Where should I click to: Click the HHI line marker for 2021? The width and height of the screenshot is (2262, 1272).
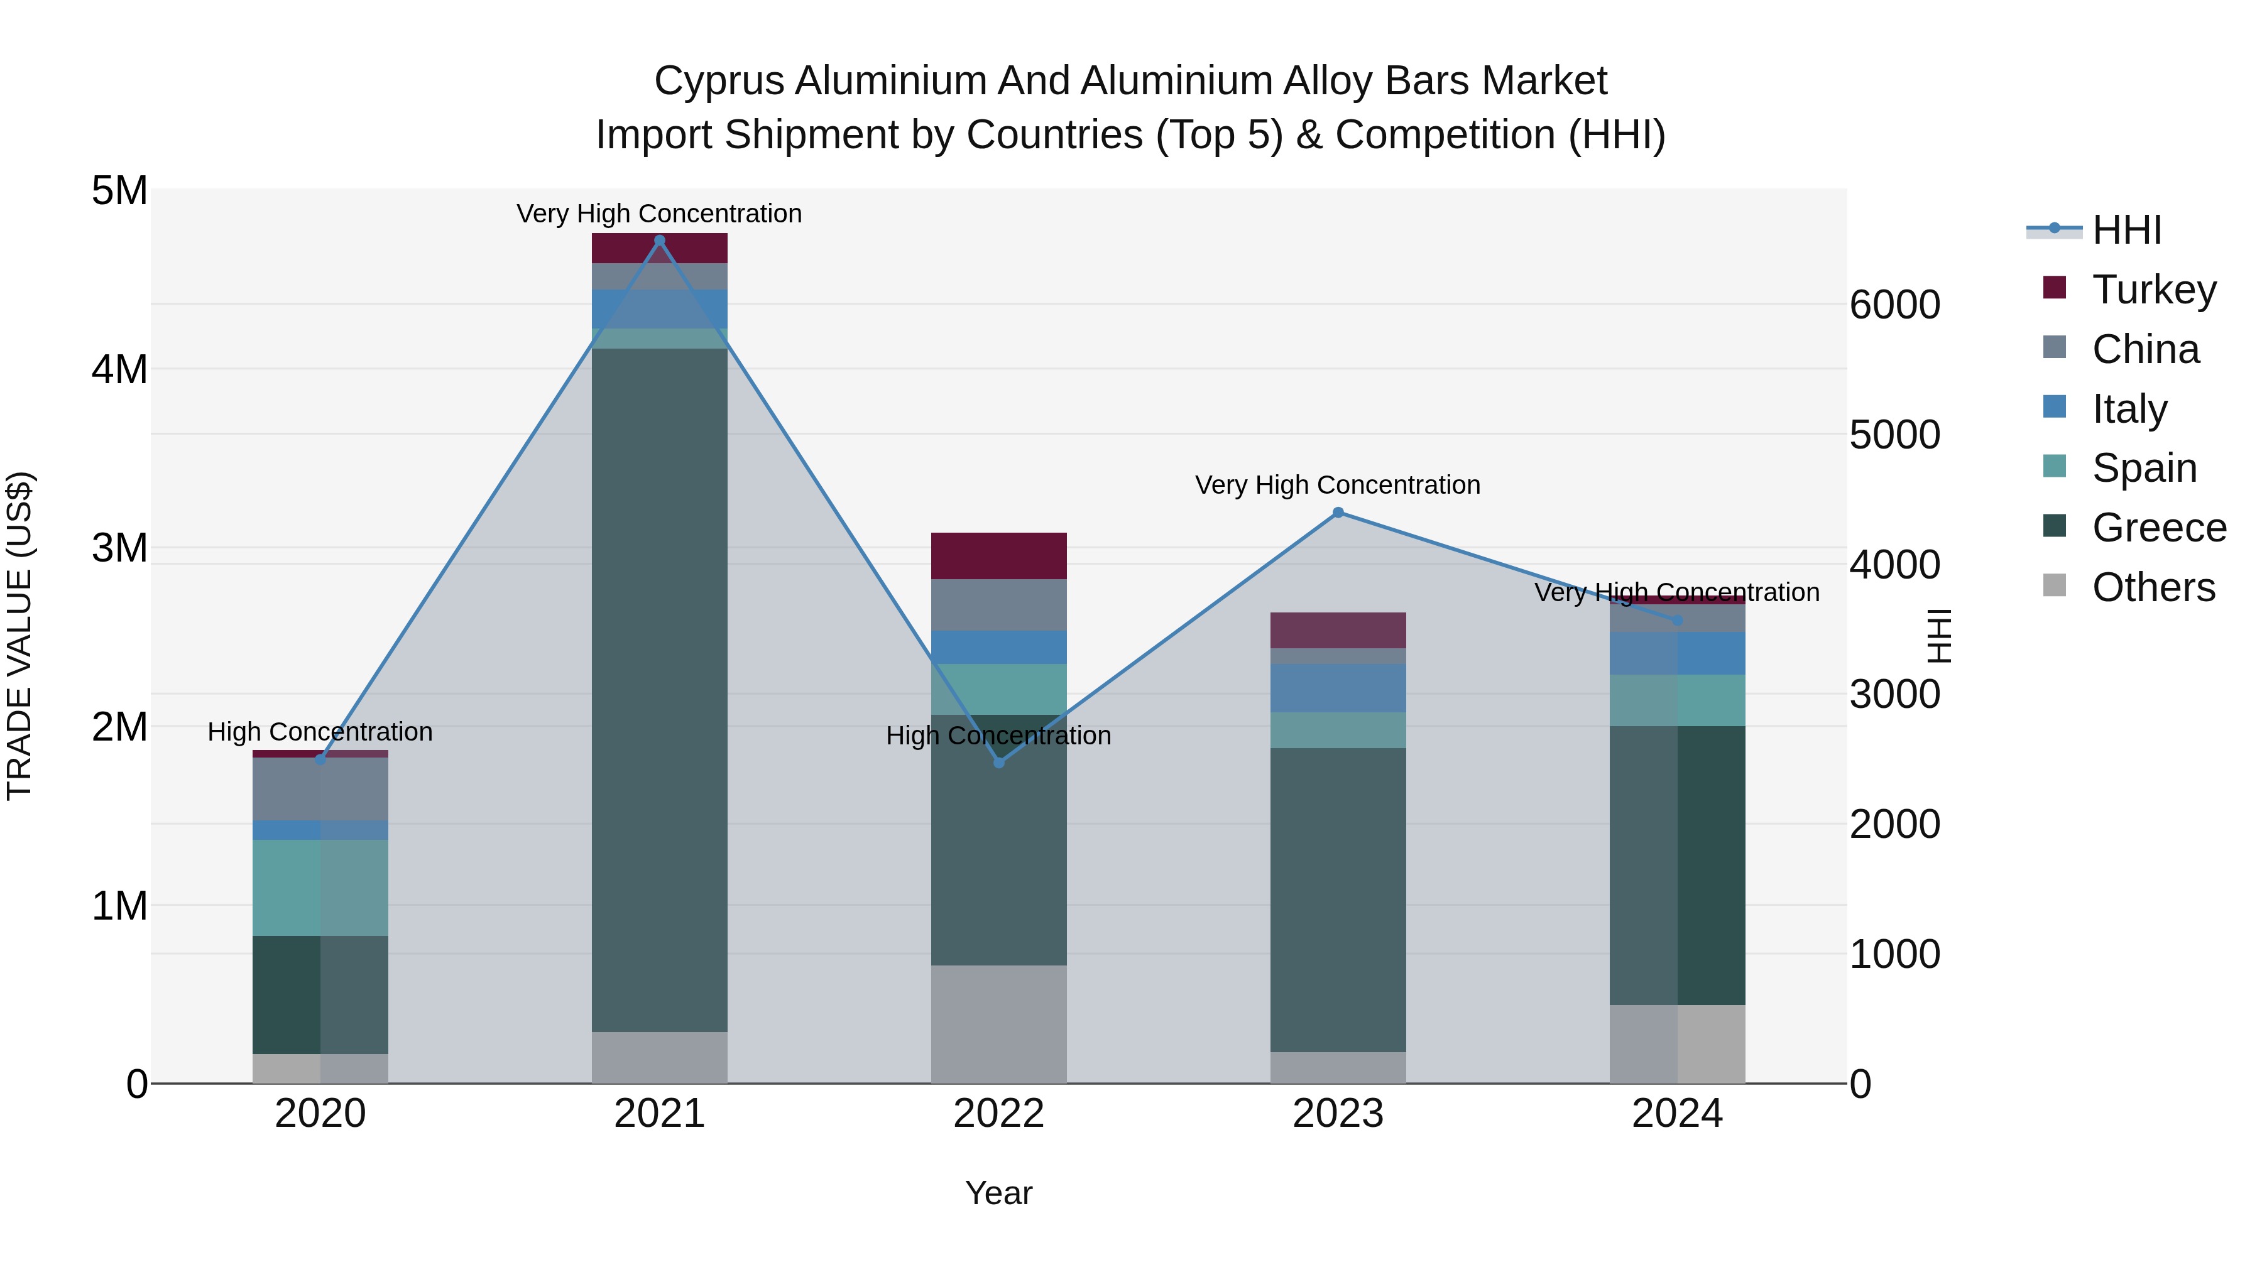click(660, 241)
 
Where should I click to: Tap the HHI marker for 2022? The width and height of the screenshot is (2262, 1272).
click(998, 763)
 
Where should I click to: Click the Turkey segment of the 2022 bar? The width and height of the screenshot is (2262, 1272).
click(998, 556)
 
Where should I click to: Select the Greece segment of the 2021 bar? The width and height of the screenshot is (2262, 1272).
click(660, 689)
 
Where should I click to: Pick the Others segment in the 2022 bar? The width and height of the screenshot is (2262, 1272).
click(998, 1024)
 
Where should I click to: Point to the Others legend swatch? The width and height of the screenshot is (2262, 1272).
click(2055, 585)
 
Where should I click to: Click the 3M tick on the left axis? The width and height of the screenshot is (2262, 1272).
click(119, 548)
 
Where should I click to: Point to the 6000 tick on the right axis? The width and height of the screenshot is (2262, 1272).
click(1894, 305)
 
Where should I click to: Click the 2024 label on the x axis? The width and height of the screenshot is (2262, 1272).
click(1676, 1114)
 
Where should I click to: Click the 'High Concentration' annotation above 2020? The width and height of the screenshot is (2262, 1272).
click(320, 732)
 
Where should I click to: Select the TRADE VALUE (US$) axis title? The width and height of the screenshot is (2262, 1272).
click(19, 636)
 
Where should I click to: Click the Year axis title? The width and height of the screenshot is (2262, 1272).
click(998, 1193)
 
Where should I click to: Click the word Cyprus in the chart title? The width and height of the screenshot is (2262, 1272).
click(718, 81)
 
